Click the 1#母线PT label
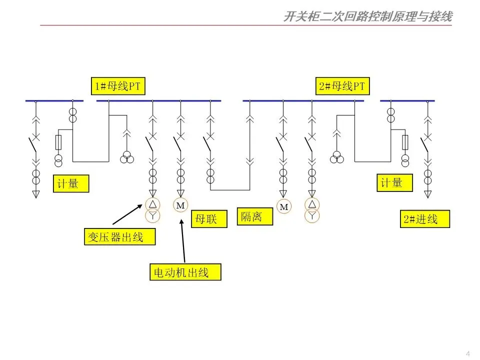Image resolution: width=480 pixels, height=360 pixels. click(117, 86)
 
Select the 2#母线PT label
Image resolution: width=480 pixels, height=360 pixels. click(342, 86)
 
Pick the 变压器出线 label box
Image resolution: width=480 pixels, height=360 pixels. click(119, 236)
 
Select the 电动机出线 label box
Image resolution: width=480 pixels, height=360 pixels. click(185, 272)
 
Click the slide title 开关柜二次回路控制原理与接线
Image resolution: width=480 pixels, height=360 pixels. click(367, 17)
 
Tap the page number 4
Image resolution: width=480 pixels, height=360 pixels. click(467, 353)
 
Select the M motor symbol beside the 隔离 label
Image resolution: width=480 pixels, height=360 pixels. click(284, 206)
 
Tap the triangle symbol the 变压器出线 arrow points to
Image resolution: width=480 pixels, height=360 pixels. click(152, 204)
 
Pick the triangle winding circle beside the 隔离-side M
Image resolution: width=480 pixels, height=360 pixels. click(312, 204)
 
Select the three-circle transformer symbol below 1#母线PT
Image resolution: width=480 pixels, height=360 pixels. click(126, 158)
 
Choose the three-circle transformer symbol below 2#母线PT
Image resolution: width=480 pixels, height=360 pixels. click(337, 158)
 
